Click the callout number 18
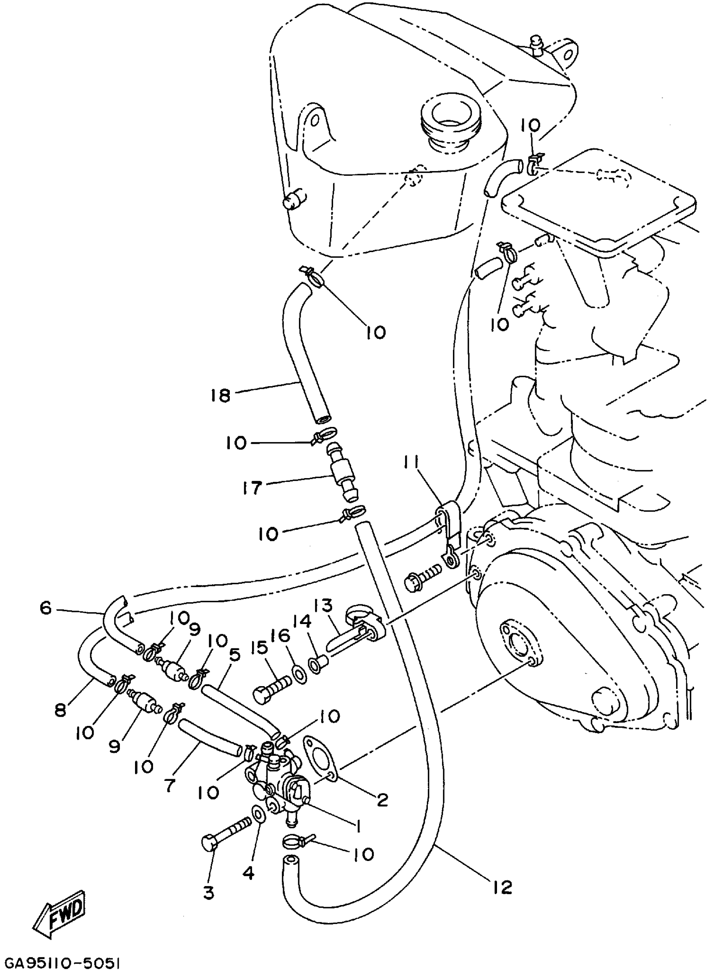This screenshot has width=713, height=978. pyautogui.click(x=221, y=395)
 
